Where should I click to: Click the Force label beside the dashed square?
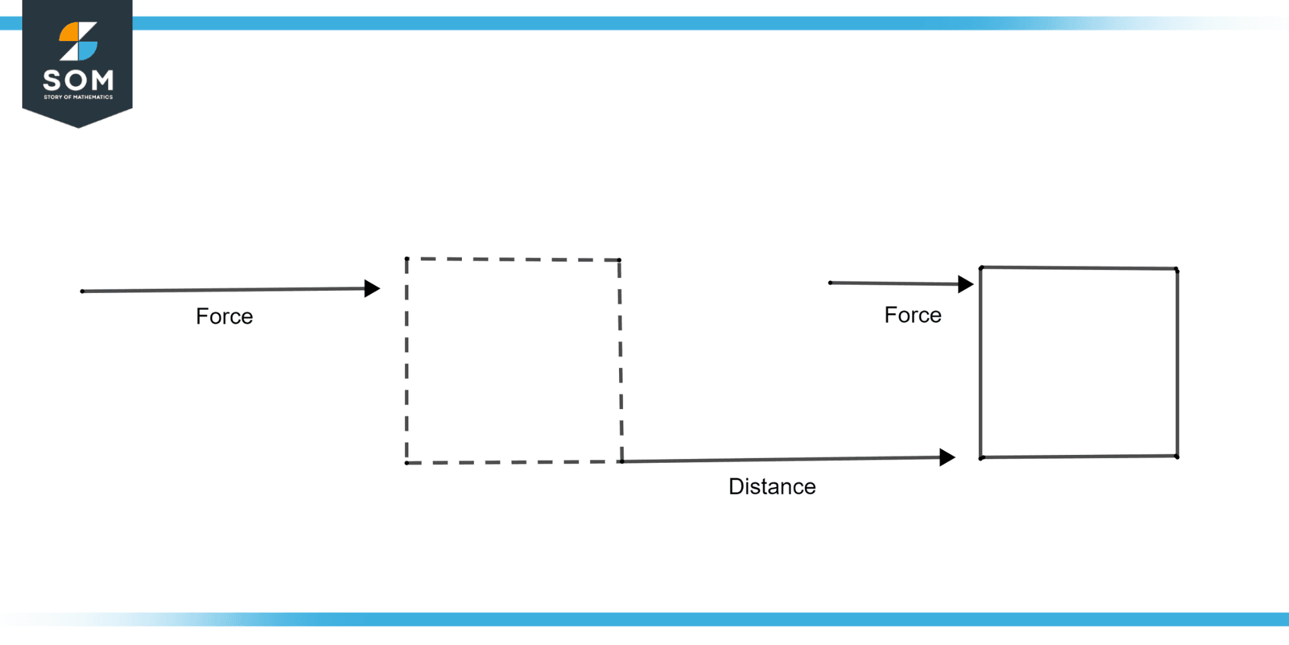coord(224,316)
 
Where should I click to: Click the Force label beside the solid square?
coord(912,315)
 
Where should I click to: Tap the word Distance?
coord(772,486)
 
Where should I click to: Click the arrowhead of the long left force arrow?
coord(372,288)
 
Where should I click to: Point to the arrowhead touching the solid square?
coord(965,284)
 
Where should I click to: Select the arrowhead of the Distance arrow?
coord(947,458)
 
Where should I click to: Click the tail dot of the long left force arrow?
coord(83,292)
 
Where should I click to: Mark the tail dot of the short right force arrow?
coord(830,283)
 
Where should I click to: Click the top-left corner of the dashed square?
coord(407,259)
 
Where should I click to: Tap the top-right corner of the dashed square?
coord(619,260)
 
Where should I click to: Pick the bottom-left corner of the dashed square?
coord(407,463)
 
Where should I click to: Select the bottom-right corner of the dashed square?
coord(622,462)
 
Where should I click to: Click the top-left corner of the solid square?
coord(981,268)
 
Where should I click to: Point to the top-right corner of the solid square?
coord(1177,270)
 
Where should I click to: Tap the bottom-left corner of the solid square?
coord(982,458)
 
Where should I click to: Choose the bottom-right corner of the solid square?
coord(1177,456)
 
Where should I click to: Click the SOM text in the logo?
coord(78,81)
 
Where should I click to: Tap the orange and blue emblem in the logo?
coord(78,42)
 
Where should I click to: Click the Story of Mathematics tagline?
coord(78,97)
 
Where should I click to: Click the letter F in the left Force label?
coord(201,316)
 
